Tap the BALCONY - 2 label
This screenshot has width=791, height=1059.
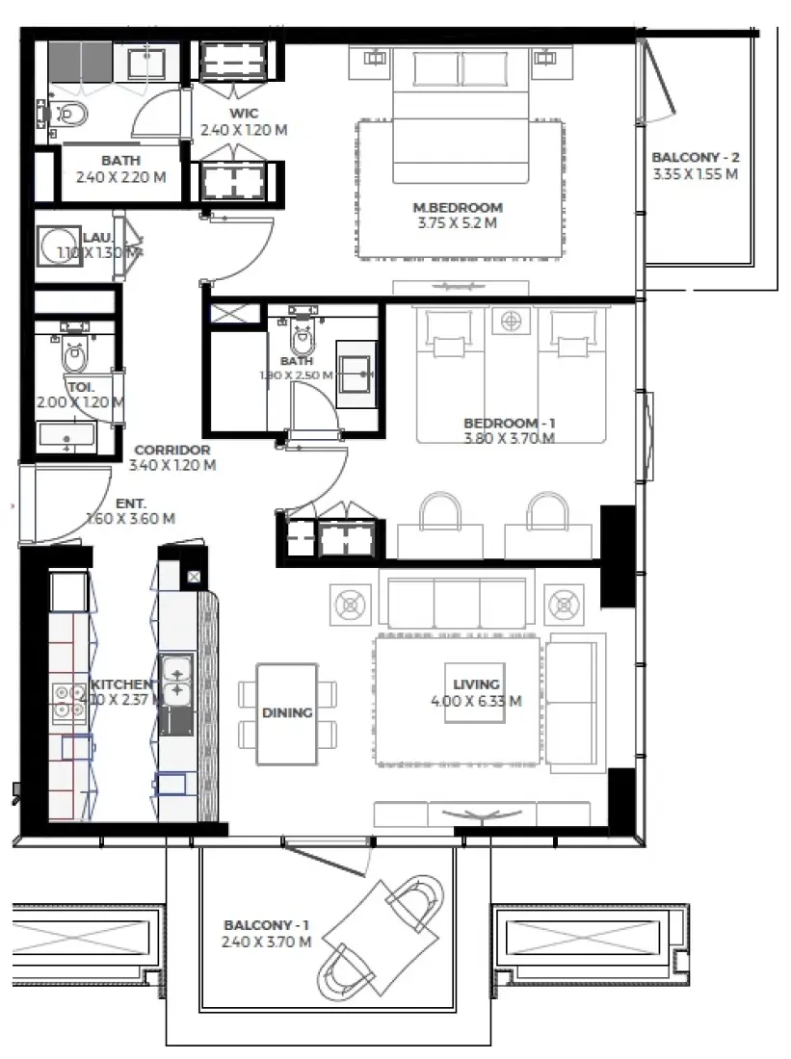click(x=695, y=157)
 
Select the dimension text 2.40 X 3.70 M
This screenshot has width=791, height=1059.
click(x=265, y=942)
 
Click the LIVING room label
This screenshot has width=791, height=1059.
click(x=476, y=684)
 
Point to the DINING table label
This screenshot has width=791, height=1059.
click(x=287, y=713)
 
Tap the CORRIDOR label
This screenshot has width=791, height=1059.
click(x=171, y=450)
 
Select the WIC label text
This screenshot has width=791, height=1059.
click(x=243, y=113)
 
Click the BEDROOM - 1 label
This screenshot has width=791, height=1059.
click(x=509, y=423)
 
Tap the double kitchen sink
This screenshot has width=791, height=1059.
click(x=176, y=679)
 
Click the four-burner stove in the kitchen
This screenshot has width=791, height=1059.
click(x=66, y=700)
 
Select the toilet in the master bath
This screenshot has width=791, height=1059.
click(x=70, y=115)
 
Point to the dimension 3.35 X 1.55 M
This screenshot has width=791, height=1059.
click(x=695, y=174)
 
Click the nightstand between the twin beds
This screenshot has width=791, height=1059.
click(x=510, y=320)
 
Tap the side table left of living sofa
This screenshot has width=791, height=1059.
click(x=348, y=605)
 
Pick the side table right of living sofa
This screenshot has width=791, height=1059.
click(x=563, y=605)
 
